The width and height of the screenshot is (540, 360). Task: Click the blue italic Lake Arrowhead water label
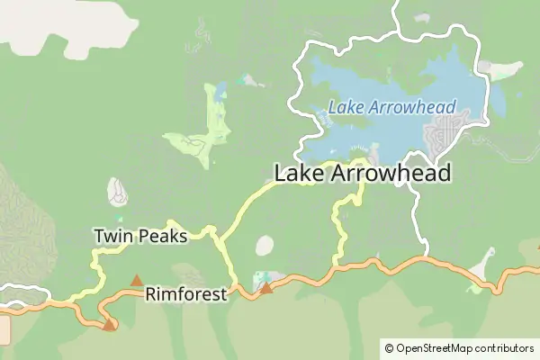point(391,107)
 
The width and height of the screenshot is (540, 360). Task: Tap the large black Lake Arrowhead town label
point(362,174)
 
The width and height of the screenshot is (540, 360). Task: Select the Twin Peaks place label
point(140,237)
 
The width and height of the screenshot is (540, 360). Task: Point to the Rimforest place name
point(186,293)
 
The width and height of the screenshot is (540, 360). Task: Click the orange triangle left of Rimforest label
point(137,281)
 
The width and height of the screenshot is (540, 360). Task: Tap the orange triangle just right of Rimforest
point(266,288)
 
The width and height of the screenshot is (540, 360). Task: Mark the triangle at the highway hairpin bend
point(109,325)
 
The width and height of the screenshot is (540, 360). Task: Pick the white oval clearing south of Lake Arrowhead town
point(265,246)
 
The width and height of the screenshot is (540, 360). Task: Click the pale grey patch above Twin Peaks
point(117,191)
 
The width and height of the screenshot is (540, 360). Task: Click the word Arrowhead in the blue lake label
point(416,107)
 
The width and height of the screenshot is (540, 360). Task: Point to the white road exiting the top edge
point(395,4)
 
